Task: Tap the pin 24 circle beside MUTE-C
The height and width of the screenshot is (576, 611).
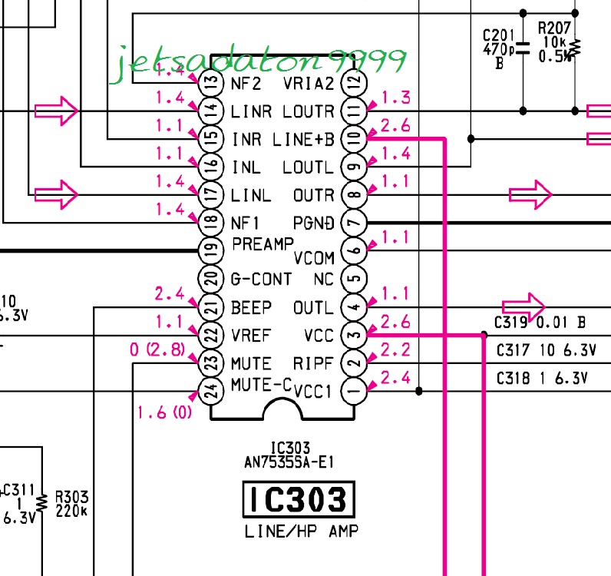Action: pyautogui.click(x=210, y=391)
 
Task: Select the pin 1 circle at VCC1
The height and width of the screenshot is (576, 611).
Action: pyautogui.click(x=354, y=391)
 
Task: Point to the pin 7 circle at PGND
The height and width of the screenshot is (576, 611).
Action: pyautogui.click(x=354, y=223)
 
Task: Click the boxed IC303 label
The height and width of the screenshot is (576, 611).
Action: pyautogui.click(x=299, y=501)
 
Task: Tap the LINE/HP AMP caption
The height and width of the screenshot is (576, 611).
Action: pyautogui.click(x=301, y=531)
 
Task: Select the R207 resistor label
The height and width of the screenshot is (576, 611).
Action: pyautogui.click(x=553, y=28)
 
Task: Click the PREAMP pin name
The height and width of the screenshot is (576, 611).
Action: pyautogui.click(x=263, y=244)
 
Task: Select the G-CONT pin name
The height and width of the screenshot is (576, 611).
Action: pyautogui.click(x=261, y=279)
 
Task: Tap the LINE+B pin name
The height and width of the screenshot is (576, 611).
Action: pyautogui.click(x=304, y=140)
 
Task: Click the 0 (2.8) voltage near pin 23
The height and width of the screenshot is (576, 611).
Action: pyautogui.click(x=157, y=351)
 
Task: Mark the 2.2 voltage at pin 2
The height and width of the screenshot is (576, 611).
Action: pyautogui.click(x=395, y=349)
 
